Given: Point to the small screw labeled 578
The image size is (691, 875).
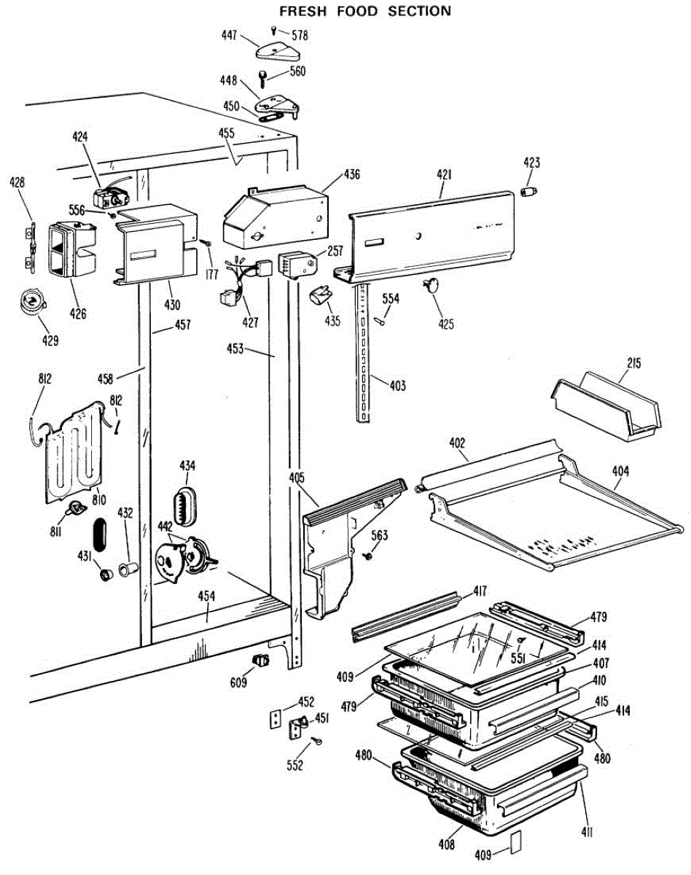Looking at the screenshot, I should coord(273,30).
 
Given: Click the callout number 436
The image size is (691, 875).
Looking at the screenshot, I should coord(352,174).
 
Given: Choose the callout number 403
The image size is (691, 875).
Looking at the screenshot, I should coord(398,386).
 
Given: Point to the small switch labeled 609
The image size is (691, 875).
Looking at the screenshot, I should coord(258,661).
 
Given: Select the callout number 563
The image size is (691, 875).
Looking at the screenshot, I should coord(380,536).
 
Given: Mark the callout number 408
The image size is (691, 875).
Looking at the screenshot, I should coord(447,845).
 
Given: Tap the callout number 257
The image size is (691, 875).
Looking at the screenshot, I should coord(335,251).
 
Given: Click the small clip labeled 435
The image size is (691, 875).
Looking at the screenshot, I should coord(320,295).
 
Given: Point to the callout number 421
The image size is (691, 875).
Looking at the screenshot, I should coord(444,175).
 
